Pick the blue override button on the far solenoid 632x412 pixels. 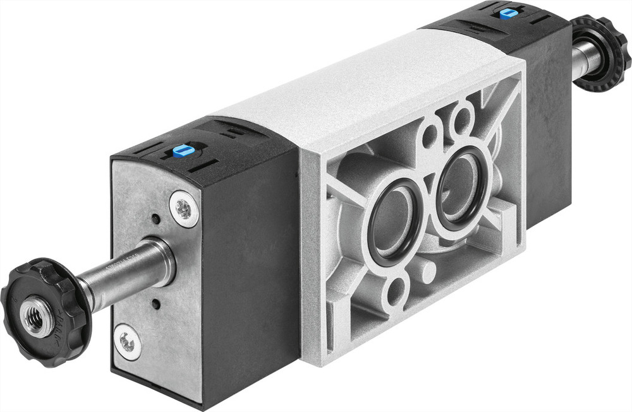click(506, 13)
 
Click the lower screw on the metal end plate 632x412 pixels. click(128, 342)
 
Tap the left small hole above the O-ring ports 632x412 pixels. click(430, 134)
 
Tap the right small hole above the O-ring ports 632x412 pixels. click(463, 117)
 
